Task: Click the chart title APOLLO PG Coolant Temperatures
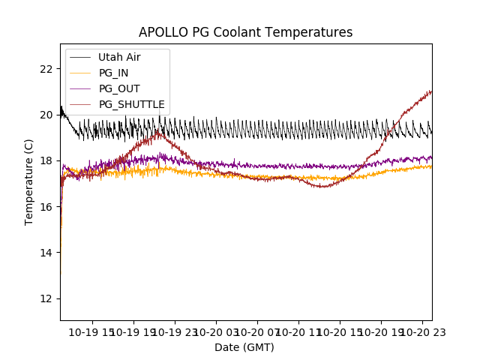(x=245, y=32)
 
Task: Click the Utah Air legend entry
(x=119, y=57)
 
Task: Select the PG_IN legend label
(x=114, y=73)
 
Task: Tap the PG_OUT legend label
(x=119, y=88)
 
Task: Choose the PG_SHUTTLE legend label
(x=132, y=104)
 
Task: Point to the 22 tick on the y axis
(x=46, y=69)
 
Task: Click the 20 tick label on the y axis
(x=46, y=115)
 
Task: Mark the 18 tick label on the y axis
(x=46, y=160)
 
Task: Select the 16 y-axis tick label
(x=46, y=206)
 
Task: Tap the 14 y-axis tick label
(x=46, y=252)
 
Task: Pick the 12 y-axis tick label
(x=46, y=298)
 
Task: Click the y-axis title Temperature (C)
(x=29, y=181)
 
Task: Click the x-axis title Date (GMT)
(x=244, y=347)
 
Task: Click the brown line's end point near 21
(x=431, y=91)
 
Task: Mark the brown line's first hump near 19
(x=158, y=133)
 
